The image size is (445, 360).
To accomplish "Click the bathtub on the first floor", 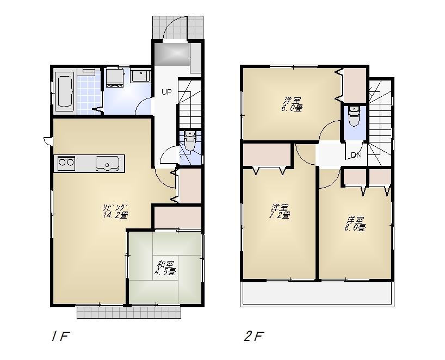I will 65,91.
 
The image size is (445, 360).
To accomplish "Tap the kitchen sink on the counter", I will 107,163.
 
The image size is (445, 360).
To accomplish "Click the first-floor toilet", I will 190,143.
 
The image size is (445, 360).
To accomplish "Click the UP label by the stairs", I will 166,92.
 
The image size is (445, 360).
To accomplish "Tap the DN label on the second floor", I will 356,156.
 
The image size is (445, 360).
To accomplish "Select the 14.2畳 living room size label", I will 115,215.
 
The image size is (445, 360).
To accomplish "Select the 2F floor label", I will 254,336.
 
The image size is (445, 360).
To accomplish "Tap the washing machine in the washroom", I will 115,77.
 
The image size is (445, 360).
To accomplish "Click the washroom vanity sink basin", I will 141,76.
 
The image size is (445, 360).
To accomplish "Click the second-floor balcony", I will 318,294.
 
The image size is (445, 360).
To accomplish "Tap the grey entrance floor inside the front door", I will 171,54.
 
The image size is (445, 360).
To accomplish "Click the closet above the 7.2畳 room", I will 267,155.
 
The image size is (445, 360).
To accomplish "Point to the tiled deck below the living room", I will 128,312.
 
